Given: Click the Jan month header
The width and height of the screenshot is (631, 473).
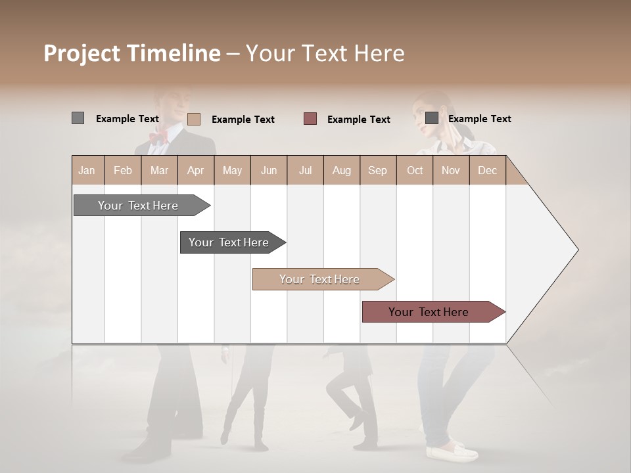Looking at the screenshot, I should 87,171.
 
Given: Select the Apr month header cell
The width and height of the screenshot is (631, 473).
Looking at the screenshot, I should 196,171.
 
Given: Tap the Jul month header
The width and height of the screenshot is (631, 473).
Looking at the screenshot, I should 305,171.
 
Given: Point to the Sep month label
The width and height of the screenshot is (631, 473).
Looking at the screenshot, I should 377,171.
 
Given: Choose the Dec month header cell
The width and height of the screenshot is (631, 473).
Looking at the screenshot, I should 487,171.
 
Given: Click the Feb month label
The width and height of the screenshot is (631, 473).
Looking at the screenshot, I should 123,171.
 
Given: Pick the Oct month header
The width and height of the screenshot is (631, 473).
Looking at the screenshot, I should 415,171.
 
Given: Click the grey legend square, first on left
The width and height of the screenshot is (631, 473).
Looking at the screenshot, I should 78,118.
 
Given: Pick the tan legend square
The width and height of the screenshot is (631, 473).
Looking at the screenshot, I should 194,119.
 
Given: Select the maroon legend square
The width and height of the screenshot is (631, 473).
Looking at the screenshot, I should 310,119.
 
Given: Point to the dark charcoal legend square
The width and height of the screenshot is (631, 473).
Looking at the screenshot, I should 432,118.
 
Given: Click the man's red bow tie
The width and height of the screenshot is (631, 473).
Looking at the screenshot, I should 158,137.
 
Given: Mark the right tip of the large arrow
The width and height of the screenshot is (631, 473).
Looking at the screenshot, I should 578,250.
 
